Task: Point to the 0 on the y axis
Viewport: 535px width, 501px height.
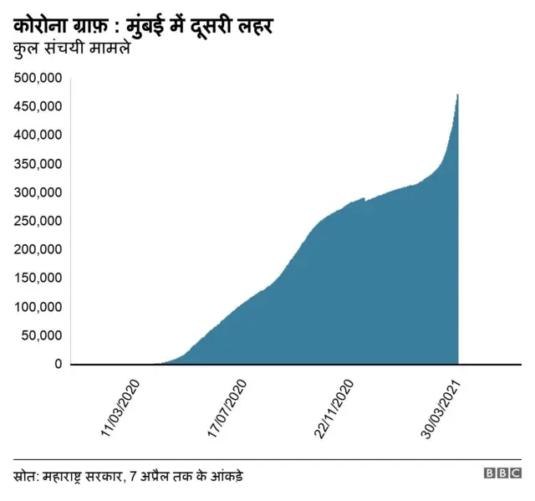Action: tap(58, 364)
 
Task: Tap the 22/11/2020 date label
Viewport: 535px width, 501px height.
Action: tap(334, 407)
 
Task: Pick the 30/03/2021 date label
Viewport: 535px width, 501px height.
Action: tap(441, 407)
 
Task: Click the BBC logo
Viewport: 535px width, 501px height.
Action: tap(502, 473)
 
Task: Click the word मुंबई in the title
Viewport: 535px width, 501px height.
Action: tap(151, 28)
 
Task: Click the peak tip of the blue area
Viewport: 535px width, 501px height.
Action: tap(457, 95)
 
